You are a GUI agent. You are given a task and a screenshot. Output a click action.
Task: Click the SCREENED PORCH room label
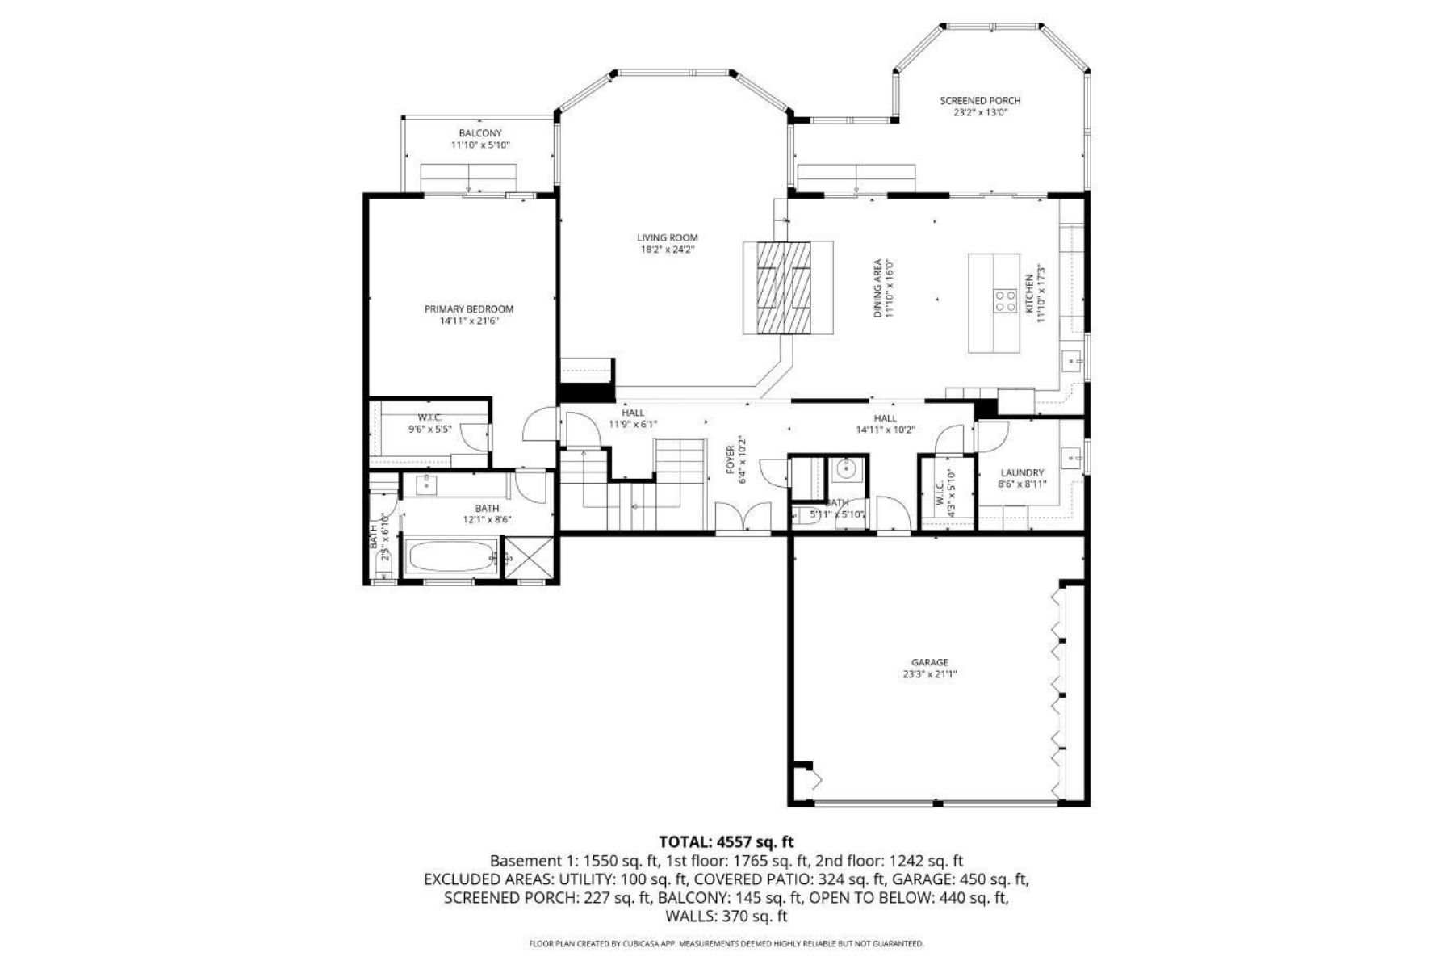(x=980, y=101)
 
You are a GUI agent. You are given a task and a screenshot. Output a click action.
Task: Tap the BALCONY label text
(x=480, y=133)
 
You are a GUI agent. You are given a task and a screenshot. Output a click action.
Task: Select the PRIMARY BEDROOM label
(x=469, y=309)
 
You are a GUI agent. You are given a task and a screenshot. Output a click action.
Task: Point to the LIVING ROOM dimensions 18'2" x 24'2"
(x=668, y=250)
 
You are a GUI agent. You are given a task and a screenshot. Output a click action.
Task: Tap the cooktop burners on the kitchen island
(x=1006, y=300)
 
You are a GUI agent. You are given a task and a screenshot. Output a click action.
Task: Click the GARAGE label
(x=930, y=662)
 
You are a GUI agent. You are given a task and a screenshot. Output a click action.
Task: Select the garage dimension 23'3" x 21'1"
(x=930, y=674)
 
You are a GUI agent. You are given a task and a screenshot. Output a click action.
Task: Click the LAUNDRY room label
(x=1022, y=473)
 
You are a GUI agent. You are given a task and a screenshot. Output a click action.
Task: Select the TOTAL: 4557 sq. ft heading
(x=726, y=842)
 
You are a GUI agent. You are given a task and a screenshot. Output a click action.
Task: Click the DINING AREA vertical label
(x=878, y=287)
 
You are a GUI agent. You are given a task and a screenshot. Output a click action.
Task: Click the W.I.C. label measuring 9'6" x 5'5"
(x=429, y=417)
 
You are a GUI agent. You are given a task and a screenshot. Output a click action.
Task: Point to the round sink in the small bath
(x=847, y=468)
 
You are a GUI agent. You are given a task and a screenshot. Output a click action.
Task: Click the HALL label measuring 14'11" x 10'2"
(x=885, y=418)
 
